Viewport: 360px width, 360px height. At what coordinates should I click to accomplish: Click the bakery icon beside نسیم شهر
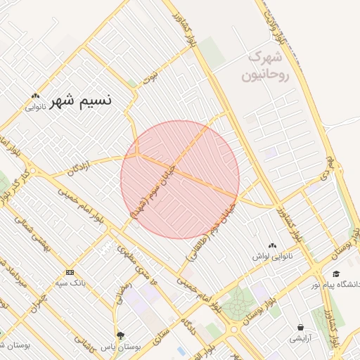click(35, 97)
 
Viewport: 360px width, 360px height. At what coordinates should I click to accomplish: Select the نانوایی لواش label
click(271, 257)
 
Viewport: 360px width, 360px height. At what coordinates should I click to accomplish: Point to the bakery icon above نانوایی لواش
click(272, 245)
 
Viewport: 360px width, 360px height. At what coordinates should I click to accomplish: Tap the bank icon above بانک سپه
click(70, 272)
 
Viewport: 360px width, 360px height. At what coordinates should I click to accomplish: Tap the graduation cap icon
click(336, 274)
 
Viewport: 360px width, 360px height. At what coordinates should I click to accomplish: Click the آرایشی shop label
click(302, 339)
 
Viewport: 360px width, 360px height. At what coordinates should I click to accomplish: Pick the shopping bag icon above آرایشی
click(302, 327)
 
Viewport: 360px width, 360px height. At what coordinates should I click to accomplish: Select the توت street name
click(150, 76)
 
